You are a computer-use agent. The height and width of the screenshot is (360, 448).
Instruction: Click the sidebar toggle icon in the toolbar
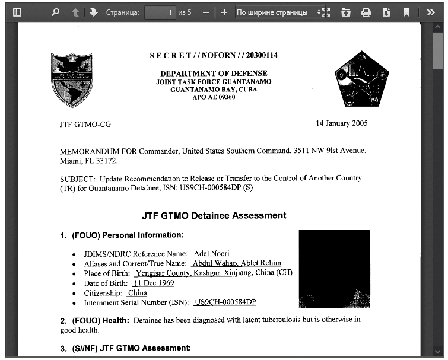coord(17,12)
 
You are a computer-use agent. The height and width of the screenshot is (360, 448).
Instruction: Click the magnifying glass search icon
coord(55,12)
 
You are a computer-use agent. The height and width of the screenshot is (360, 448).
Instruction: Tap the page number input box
coord(160,12)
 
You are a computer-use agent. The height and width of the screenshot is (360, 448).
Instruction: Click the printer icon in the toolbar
coord(366,12)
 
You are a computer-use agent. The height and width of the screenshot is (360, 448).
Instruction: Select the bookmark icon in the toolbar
coord(406,12)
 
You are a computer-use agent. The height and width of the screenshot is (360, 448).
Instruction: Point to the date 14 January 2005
coord(341,123)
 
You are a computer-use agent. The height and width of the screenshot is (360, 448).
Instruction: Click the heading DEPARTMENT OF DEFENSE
coord(214,73)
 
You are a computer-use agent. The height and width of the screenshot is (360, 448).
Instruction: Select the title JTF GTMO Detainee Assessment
coord(214,215)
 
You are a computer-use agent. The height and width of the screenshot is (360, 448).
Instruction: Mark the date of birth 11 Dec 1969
coord(153,283)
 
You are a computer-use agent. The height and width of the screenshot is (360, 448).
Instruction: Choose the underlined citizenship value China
coord(137,293)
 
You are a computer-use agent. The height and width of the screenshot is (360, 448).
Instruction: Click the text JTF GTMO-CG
coord(85,125)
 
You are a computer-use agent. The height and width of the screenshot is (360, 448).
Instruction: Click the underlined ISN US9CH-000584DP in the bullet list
coord(225,302)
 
